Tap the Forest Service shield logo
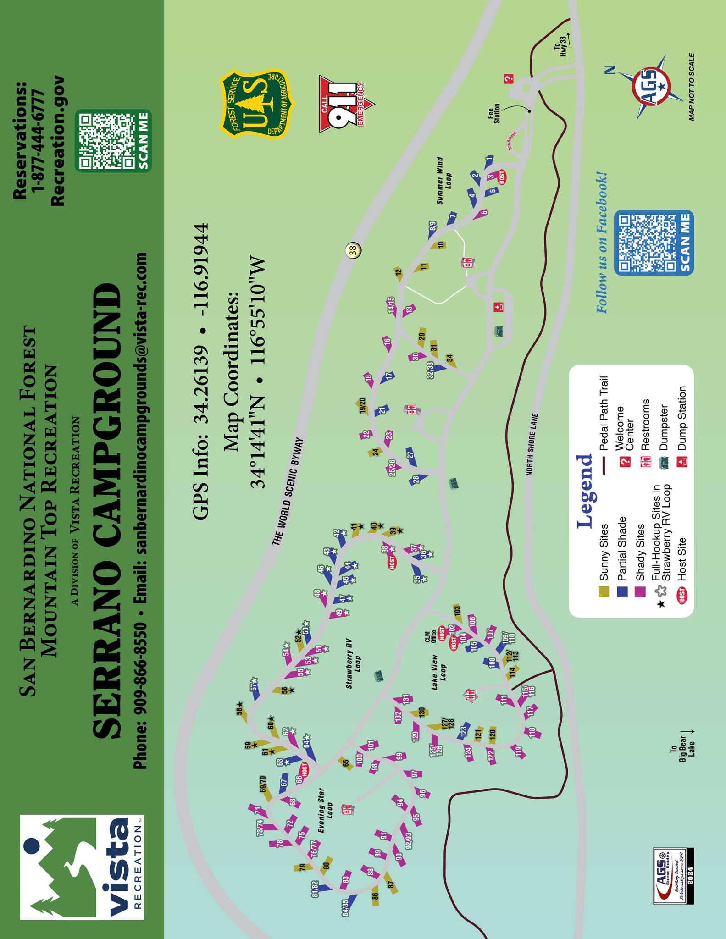pyautogui.click(x=254, y=104)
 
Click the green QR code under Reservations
pyautogui.click(x=113, y=141)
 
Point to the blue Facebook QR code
pyautogui.click(x=653, y=243)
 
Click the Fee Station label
pyautogui.click(x=493, y=115)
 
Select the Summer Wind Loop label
pyautogui.click(x=443, y=181)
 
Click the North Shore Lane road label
pyautogui.click(x=532, y=444)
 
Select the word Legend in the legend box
pyautogui.click(x=584, y=491)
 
